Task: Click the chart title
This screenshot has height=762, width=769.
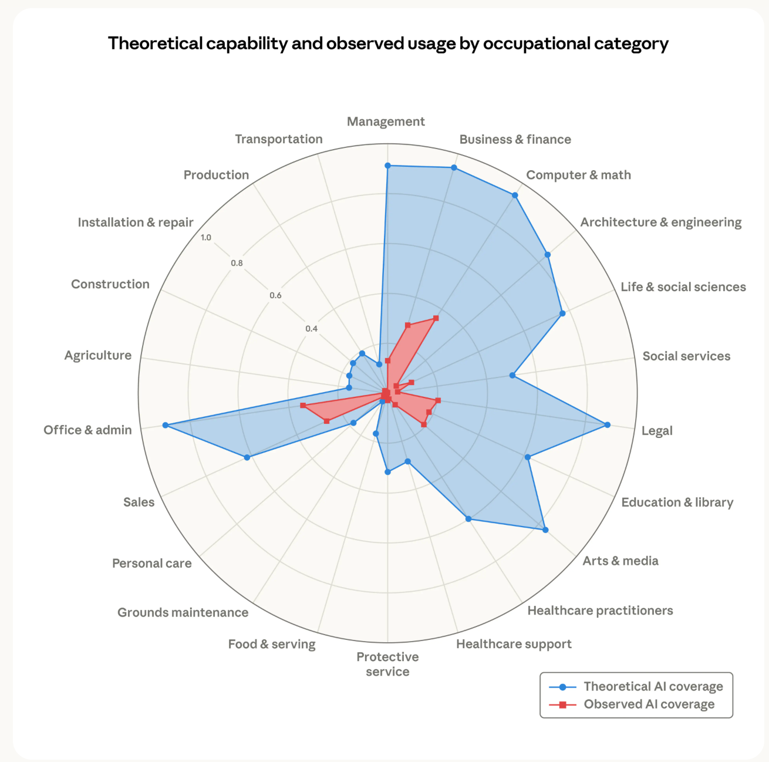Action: pos(388,43)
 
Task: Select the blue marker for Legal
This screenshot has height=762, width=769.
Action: pos(608,424)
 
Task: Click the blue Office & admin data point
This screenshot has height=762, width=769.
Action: pos(165,425)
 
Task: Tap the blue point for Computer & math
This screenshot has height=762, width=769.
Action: pos(515,195)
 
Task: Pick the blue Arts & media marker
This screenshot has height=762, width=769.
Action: pos(545,530)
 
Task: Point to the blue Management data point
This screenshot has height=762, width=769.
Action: pos(387,165)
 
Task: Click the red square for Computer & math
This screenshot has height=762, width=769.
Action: pos(436,318)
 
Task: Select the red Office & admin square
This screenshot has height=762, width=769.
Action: pos(303,406)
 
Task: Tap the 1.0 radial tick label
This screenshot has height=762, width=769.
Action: pos(205,238)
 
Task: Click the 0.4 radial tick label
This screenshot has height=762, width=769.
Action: pos(311,329)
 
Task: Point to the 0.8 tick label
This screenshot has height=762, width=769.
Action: pos(237,263)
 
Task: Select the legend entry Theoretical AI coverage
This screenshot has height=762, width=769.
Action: pos(636,686)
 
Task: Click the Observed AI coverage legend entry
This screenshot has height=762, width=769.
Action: pos(632,704)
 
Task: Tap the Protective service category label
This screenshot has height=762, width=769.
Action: pos(387,664)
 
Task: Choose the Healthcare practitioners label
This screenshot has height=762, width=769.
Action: pos(600,611)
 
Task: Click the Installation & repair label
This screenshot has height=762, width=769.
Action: pos(136,222)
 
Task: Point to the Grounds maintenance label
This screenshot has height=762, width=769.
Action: pos(183,612)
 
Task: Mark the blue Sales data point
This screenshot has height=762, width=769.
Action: pos(247,457)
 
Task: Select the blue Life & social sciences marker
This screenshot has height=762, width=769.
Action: pos(562,313)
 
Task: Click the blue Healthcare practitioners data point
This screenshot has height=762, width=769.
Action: pos(468,519)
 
